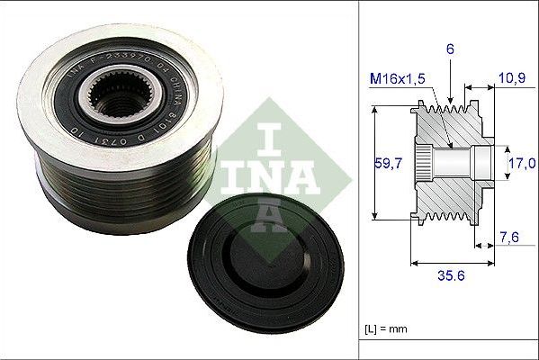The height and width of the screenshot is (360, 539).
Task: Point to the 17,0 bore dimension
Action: click(x=523, y=163)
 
